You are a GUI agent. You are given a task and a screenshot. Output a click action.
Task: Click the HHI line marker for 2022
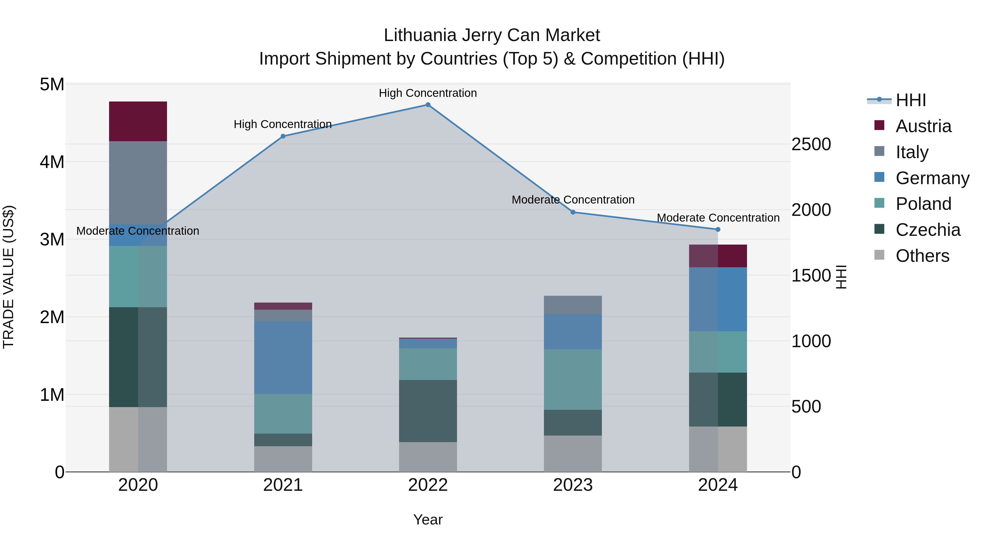(x=428, y=105)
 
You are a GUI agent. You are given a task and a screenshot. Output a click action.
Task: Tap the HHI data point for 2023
(x=573, y=212)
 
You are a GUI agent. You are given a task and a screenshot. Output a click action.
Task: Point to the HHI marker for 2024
(x=718, y=230)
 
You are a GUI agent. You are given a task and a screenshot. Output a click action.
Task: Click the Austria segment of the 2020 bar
(x=138, y=121)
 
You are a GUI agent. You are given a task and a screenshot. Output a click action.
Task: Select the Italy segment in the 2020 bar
(x=138, y=183)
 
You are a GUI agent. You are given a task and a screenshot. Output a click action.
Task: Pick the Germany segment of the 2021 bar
(x=283, y=358)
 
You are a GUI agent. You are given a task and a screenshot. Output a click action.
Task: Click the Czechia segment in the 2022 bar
(x=428, y=411)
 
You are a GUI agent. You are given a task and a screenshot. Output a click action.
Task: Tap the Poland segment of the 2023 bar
(x=573, y=380)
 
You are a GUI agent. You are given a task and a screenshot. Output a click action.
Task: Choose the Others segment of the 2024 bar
(x=718, y=449)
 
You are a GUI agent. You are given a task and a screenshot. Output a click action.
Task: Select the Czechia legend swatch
(x=879, y=230)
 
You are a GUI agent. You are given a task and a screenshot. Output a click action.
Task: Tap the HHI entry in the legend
(x=911, y=100)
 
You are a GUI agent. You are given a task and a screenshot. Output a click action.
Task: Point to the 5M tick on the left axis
(x=52, y=85)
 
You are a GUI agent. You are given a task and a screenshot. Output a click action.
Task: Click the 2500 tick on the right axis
(x=811, y=144)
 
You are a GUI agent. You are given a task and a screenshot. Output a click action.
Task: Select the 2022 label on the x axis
(x=428, y=485)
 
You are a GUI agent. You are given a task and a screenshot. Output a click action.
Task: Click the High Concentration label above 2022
(x=428, y=93)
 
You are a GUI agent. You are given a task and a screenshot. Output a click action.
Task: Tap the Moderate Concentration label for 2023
(x=573, y=200)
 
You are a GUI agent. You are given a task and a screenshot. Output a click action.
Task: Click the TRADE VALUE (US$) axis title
(x=8, y=277)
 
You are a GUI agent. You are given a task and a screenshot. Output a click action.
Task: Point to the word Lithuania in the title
(x=420, y=35)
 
